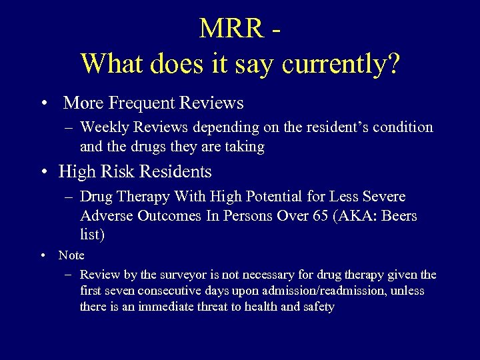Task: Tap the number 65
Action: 321,216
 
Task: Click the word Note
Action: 71,255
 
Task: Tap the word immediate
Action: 162,307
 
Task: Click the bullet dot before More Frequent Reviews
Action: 43,104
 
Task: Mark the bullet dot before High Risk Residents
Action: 43,172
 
